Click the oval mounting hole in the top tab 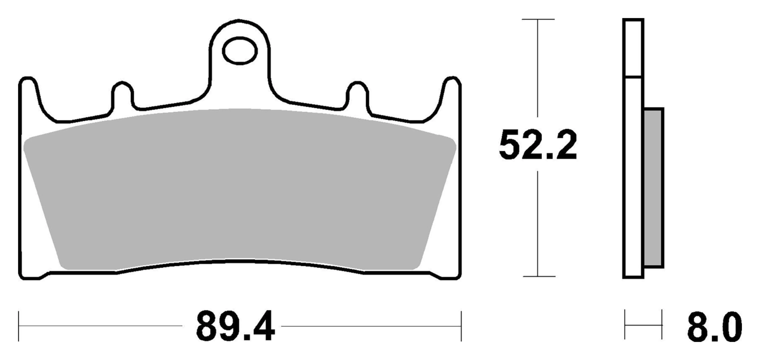click(x=239, y=51)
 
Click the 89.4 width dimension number click(x=235, y=327)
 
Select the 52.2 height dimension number click(x=537, y=146)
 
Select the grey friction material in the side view click(x=654, y=188)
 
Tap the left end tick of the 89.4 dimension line click(x=19, y=326)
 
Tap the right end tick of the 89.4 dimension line click(x=461, y=326)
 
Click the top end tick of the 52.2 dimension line click(x=538, y=19)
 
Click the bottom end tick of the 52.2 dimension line click(x=538, y=276)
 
